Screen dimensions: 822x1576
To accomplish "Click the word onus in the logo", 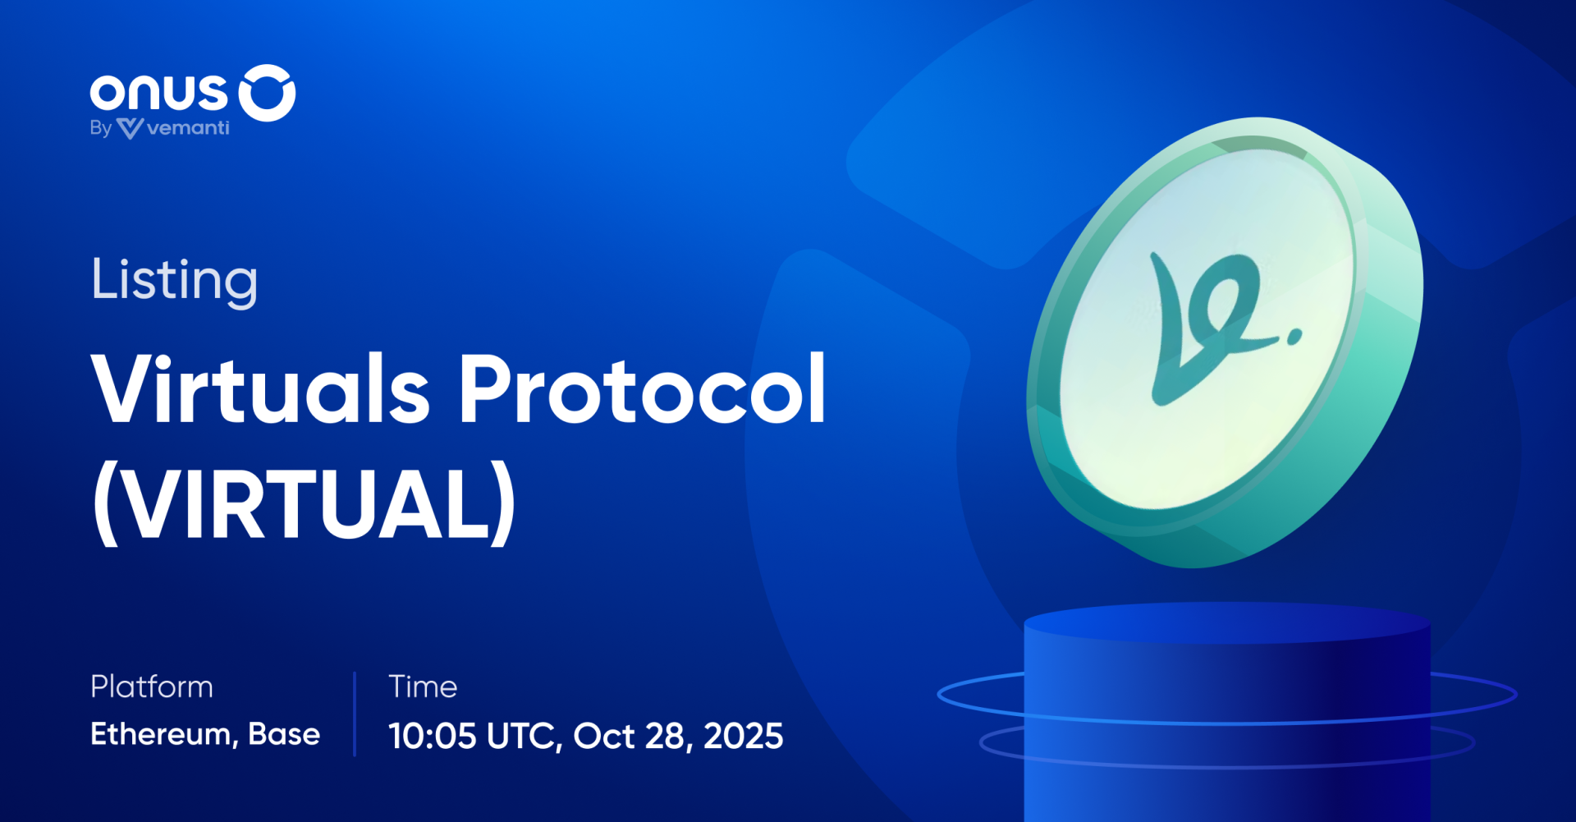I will pos(158,93).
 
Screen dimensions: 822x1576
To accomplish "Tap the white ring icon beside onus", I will pos(267,93).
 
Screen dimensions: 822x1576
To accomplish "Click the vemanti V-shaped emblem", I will pos(130,128).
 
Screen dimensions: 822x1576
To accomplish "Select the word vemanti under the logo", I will pos(188,128).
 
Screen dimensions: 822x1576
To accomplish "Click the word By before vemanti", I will pos(100,129).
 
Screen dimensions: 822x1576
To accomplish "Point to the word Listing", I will pos(174,281).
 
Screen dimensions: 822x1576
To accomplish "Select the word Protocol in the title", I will pos(642,390).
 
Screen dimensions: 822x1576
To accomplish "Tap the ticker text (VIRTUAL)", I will pos(305,503).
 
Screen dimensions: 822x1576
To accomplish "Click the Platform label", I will pos(152,687).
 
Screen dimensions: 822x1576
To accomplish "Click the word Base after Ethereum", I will pos(284,734).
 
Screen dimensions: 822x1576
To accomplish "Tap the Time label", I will pos(423,687).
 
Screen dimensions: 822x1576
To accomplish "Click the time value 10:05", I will pos(432,736).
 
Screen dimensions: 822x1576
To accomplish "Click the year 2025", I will pos(744,736).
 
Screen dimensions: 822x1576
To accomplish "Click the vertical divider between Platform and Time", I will pos(355,713).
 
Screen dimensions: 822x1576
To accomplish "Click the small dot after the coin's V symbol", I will pos(1294,336).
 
